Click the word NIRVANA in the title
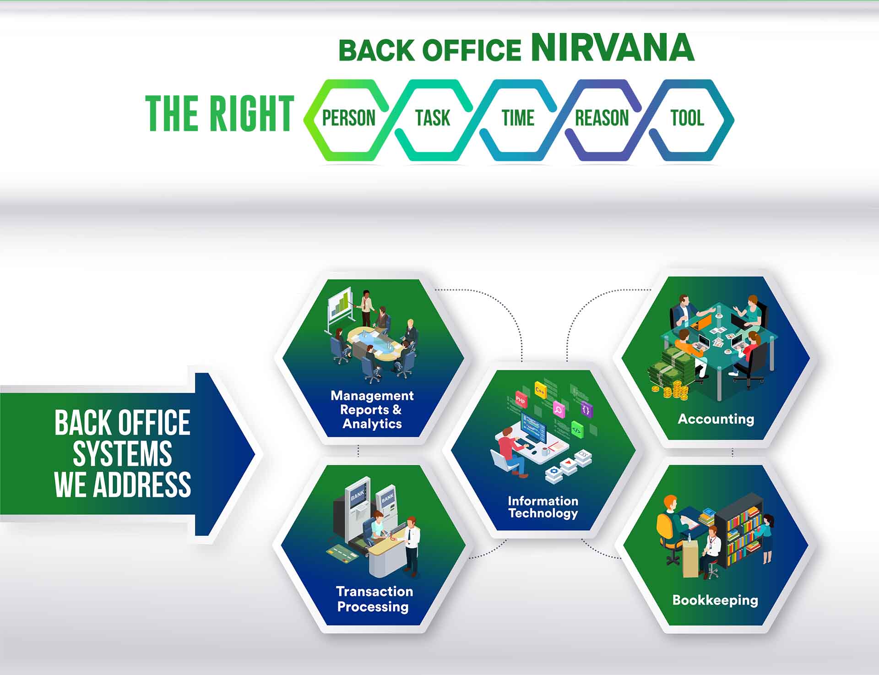point(613,48)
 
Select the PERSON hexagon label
point(349,118)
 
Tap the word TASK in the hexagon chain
point(433,118)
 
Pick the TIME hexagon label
point(518,118)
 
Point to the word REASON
point(602,118)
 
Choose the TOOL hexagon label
point(687,118)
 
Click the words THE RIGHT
point(220,114)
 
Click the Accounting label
point(716,419)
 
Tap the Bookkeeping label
point(715,600)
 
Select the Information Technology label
point(543,507)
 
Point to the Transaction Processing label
point(374,599)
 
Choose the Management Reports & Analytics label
point(372,409)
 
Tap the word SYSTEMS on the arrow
point(122,454)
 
